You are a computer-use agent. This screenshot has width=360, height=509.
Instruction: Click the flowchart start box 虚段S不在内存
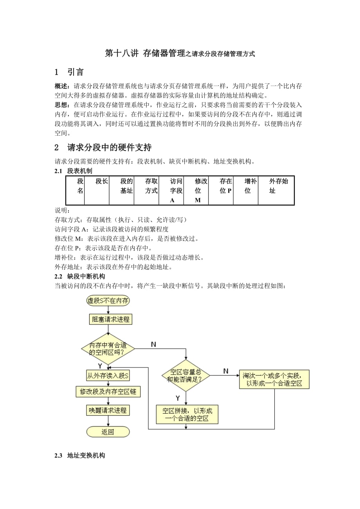[108, 301]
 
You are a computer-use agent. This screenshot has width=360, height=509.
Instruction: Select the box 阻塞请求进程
[110, 319]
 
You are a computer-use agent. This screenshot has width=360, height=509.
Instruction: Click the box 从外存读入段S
[108, 376]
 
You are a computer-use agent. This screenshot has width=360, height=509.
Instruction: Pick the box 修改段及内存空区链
[108, 391]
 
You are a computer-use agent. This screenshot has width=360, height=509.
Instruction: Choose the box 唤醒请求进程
[108, 410]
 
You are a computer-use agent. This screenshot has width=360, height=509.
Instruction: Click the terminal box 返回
[108, 432]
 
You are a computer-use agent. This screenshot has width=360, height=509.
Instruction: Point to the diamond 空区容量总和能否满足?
[186, 376]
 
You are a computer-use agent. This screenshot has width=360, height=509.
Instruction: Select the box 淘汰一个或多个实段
[274, 379]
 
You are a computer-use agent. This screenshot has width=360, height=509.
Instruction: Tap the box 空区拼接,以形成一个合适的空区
[187, 414]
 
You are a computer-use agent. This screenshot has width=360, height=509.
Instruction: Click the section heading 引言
[75, 72]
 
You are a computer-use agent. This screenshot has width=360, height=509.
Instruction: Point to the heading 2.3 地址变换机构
[80, 455]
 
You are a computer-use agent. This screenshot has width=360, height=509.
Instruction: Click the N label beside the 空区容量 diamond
[226, 371]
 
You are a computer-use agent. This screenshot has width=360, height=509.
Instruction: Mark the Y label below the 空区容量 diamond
[178, 398]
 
